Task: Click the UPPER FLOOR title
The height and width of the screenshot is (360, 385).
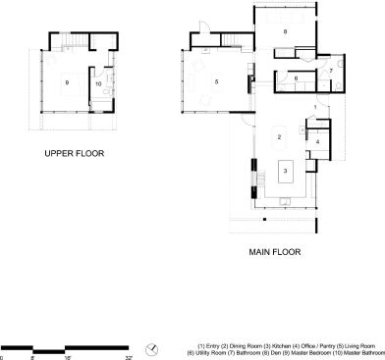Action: (74, 154)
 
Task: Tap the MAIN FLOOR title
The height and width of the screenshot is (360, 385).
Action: (274, 252)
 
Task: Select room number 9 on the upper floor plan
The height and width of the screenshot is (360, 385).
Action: (67, 82)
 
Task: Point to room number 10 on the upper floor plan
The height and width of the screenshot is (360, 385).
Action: (98, 83)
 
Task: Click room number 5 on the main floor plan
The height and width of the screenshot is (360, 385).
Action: (214, 81)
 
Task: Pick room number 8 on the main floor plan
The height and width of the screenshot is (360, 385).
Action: (285, 32)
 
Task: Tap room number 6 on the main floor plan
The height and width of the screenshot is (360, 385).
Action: (296, 78)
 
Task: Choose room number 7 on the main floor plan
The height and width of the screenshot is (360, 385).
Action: (331, 71)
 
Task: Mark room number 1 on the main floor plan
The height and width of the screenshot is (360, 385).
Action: (315, 106)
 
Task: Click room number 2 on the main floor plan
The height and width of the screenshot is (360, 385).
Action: (279, 136)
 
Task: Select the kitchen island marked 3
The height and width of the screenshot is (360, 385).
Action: (285, 171)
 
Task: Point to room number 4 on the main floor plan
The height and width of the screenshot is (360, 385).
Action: (318, 142)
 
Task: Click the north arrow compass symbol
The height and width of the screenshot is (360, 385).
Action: (153, 347)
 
